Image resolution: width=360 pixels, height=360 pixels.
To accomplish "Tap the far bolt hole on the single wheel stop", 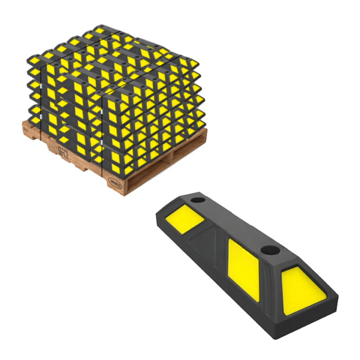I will (x=197, y=199).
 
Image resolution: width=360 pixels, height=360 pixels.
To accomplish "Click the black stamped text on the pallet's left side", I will (x=62, y=150).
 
